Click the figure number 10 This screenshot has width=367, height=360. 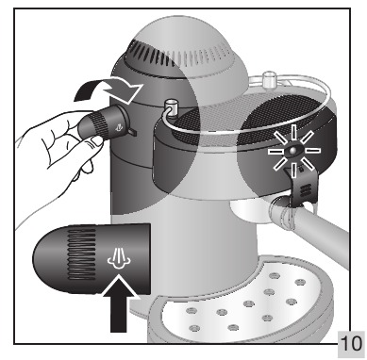point(351,343)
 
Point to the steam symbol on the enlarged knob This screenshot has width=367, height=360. point(119,259)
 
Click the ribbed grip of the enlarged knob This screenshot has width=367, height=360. point(82,254)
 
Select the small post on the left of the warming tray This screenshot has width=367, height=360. point(171,106)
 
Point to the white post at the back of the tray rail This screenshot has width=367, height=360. point(269,80)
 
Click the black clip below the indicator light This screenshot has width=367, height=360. point(302,186)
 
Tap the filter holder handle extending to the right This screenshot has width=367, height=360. point(311,226)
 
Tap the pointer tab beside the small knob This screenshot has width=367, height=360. point(132,132)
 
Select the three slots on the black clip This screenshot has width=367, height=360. point(304,190)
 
